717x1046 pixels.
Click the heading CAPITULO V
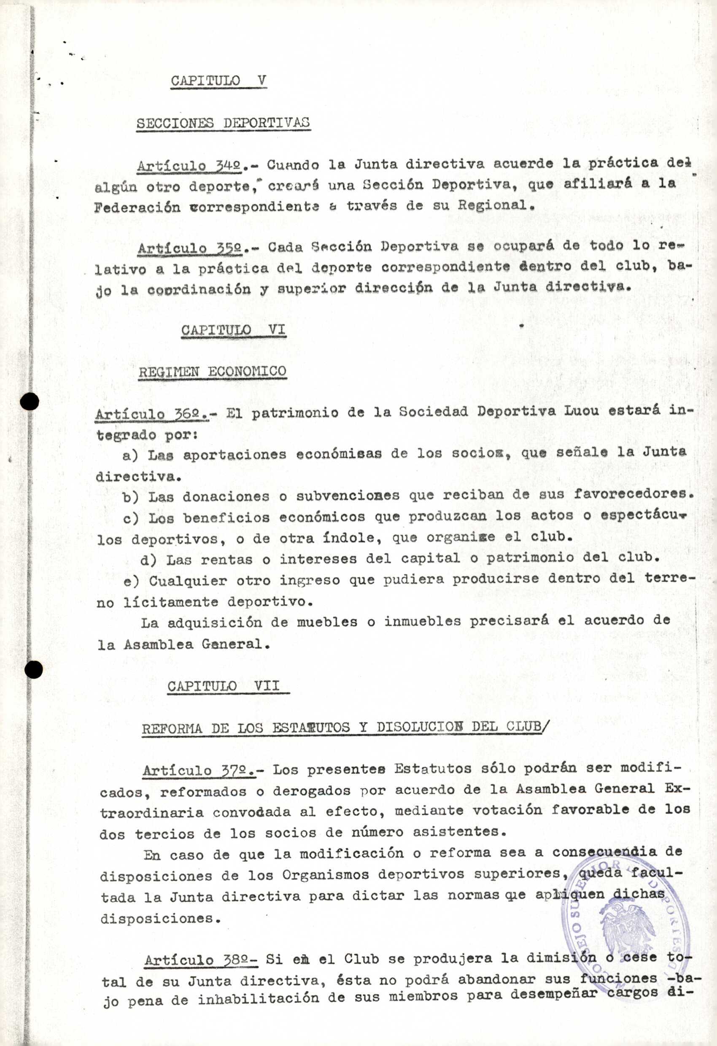218,81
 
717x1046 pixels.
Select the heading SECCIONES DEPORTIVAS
223,123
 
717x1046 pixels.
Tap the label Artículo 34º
190,166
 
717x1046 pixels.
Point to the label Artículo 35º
190,248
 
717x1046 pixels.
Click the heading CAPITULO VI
233,330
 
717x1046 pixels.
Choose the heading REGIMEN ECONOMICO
213,371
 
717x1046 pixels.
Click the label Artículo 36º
152,413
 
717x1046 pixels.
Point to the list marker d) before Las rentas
148,559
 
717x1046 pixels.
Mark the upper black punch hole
31,401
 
